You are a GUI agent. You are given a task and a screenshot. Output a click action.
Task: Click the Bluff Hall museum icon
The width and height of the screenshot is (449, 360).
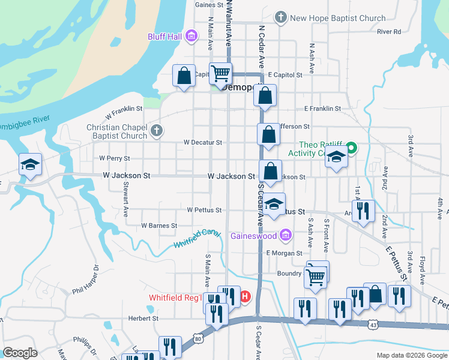click(191, 37)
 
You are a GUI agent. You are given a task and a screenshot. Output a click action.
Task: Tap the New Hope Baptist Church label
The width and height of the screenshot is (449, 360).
click(337, 18)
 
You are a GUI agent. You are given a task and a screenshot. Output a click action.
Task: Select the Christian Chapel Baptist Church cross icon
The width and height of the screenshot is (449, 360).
click(156, 131)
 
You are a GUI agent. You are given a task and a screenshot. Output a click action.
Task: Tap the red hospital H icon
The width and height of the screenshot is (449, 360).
click(244, 296)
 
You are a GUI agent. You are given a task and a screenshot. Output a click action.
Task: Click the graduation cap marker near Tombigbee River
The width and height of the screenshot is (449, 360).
click(28, 164)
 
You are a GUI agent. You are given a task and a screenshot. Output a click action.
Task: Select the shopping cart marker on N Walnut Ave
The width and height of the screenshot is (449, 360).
click(221, 74)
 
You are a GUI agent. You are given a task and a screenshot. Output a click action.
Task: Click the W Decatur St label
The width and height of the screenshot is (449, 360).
click(203, 143)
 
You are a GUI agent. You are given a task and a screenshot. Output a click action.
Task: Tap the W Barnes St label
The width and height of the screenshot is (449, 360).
click(159, 226)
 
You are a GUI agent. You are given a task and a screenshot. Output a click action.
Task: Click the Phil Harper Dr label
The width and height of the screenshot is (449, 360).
click(85, 281)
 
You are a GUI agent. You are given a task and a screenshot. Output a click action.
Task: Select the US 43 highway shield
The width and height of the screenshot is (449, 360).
click(373, 324)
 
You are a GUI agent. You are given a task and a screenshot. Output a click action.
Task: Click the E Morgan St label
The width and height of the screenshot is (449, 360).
click(285, 253)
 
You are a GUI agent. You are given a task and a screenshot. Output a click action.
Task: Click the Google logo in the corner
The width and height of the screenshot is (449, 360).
click(20, 353)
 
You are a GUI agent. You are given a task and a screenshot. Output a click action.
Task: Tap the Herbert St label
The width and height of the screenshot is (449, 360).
click(143, 319)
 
